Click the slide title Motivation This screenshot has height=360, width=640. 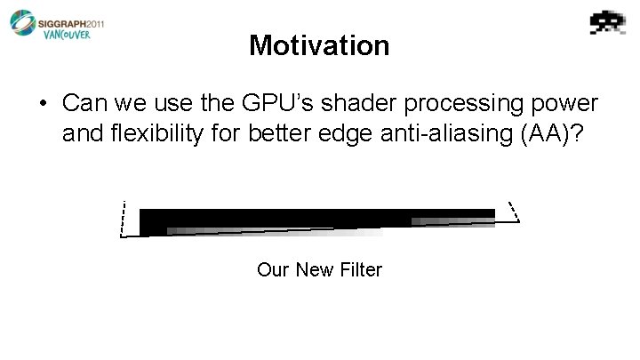319,45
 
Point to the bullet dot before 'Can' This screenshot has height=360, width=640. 44,103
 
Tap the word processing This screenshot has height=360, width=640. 449,103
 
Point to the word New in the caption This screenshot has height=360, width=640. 312,268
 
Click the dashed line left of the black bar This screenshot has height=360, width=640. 124,219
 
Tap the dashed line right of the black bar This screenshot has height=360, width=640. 511,211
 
